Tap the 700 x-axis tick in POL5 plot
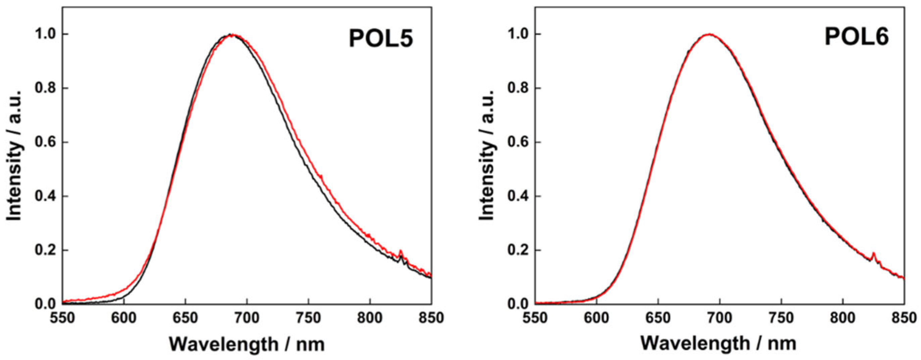(247, 317)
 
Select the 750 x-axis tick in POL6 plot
(781, 317)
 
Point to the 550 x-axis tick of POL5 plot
(62, 317)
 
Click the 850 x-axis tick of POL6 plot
(904, 317)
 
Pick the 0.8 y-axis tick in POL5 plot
(46, 88)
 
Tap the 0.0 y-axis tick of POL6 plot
(518, 304)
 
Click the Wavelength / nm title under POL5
(247, 344)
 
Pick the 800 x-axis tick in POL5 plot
(370, 317)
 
